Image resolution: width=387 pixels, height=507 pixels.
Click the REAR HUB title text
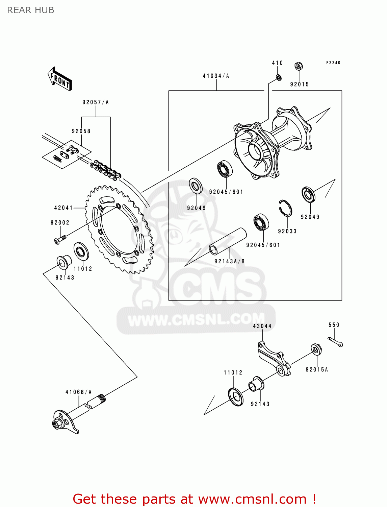[31, 10]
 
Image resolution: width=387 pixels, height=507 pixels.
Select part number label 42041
[63, 208]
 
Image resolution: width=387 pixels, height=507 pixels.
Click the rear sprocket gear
[120, 230]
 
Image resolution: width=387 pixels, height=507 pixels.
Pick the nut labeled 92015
[298, 66]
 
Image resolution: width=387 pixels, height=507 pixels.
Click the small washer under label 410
[279, 78]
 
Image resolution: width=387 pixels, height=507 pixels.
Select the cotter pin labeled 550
[336, 342]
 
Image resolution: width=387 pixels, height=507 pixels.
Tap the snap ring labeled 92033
[285, 208]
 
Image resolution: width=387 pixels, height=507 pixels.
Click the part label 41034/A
[216, 76]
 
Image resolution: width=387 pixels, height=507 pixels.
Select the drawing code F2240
[333, 63]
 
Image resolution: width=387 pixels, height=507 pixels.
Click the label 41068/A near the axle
[78, 392]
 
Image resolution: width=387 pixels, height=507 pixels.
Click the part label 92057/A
[96, 102]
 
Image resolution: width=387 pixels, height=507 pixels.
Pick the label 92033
[287, 231]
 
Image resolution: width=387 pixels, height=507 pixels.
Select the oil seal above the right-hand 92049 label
[308, 195]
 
